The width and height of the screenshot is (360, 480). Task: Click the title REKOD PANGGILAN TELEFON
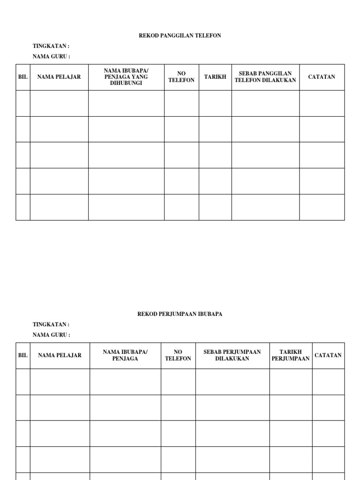pos(180,36)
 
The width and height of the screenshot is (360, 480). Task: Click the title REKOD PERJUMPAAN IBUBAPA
pos(180,314)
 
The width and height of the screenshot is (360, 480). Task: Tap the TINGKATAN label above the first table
pos(51,46)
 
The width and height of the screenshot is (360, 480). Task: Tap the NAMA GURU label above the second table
pos(52,335)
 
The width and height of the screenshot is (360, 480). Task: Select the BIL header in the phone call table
pos(23,77)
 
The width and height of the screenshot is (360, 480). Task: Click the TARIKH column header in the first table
pos(215,77)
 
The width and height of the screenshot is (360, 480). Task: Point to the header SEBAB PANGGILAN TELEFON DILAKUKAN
pos(265,77)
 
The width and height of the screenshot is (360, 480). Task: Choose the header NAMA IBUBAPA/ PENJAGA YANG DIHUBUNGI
pos(126,77)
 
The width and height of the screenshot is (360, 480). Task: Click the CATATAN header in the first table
pos(322,77)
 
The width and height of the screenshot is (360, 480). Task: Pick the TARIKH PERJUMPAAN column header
pos(291,355)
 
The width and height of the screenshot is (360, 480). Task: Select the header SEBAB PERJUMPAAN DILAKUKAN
pos(232,355)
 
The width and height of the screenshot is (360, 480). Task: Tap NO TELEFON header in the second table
pos(178,355)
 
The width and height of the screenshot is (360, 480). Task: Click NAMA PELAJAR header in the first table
pos(59,77)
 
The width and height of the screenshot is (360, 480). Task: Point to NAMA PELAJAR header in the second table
pos(60,355)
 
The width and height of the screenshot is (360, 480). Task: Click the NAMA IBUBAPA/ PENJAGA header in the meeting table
pos(125,355)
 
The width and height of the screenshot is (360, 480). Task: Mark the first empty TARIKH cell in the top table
pos(215,103)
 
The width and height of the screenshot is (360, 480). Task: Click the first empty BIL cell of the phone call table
pos(23,103)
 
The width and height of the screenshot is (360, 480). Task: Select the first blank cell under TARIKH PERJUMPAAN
pos(291,382)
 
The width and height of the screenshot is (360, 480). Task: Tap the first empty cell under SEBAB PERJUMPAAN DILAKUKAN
pos(232,382)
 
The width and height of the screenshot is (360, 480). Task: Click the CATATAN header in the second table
pos(328,355)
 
